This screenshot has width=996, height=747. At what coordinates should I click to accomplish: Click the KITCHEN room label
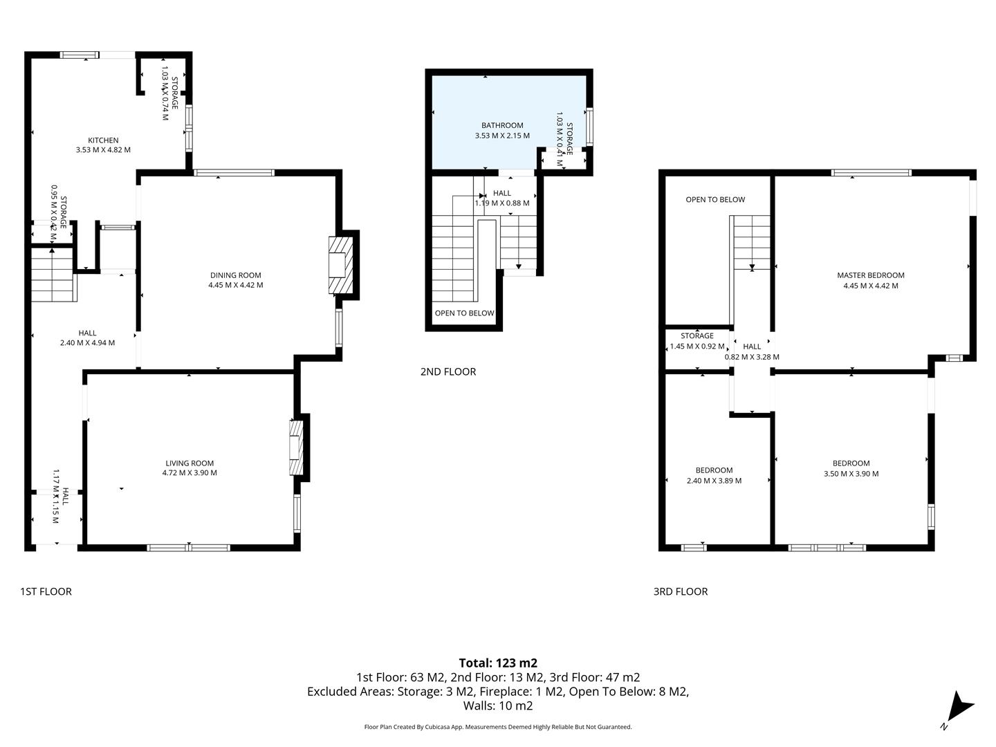tap(103, 140)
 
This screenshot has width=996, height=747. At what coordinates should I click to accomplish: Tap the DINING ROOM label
tap(235, 275)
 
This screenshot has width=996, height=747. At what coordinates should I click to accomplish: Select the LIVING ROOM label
tap(190, 463)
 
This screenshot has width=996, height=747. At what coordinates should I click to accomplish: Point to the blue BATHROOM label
tap(502, 125)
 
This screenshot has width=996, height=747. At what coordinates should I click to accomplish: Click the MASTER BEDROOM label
tap(870, 275)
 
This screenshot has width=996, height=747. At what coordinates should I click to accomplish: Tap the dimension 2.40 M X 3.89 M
tap(714, 481)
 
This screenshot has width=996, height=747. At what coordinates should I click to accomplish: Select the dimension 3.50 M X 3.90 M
tap(851, 474)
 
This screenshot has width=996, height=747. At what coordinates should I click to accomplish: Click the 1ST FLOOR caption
tap(46, 591)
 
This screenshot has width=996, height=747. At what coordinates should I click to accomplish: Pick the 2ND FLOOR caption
tap(448, 371)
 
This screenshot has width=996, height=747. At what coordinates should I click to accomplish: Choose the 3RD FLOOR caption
tap(681, 591)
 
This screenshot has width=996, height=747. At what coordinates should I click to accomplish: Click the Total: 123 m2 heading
tap(498, 663)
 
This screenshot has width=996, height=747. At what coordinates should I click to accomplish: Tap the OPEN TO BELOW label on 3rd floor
tap(715, 200)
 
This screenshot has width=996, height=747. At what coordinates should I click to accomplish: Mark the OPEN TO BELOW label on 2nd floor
tap(464, 313)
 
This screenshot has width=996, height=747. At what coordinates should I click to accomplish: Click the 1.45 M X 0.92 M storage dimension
tap(697, 347)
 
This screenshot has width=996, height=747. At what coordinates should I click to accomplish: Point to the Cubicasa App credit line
tap(498, 727)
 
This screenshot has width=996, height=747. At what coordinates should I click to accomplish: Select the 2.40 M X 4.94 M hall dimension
tap(87, 343)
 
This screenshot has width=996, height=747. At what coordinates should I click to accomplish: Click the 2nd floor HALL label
tap(502, 194)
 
